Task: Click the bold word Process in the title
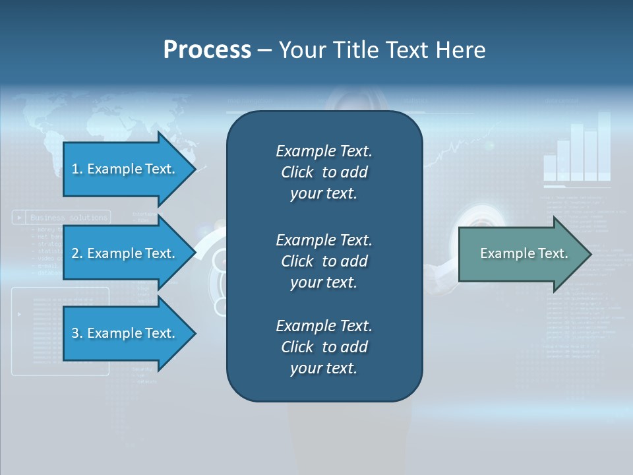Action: coord(207,50)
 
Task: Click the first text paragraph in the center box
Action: coord(324,172)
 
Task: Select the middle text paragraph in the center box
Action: coord(324,261)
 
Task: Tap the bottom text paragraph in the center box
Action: coord(324,347)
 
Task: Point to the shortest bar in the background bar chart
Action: coord(550,168)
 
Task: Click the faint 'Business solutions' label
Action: coord(69,217)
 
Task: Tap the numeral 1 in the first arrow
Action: coord(75,169)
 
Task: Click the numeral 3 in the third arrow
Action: coord(75,333)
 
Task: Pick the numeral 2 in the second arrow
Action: coord(75,253)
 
